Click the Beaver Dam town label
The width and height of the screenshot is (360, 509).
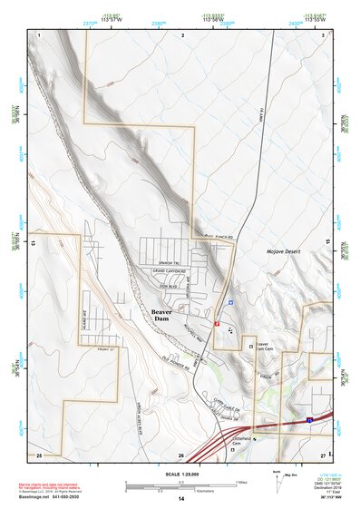[x=161, y=315]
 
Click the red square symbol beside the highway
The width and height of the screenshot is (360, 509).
[x=217, y=322]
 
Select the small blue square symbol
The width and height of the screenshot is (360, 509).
[x=230, y=302]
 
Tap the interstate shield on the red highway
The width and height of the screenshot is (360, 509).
[x=308, y=420]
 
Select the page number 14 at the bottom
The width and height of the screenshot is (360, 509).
[x=180, y=499]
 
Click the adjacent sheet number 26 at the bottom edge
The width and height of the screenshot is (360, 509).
[x=181, y=455]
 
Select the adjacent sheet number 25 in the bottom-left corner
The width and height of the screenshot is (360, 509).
[x=39, y=453]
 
